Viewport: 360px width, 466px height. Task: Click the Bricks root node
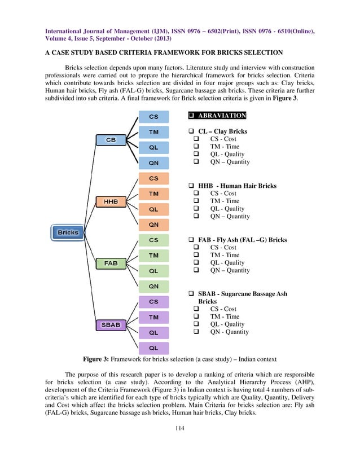click(68, 232)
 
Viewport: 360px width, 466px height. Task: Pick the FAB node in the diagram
click(111, 263)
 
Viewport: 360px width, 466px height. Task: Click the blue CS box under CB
click(153, 117)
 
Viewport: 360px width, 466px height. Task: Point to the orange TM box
click(153, 194)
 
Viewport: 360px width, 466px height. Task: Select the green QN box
click(153, 286)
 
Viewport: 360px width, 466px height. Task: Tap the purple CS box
click(153, 302)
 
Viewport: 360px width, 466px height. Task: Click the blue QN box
click(153, 163)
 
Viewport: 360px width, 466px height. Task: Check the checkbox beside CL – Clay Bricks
click(191, 131)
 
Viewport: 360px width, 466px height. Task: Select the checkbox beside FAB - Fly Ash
click(191, 240)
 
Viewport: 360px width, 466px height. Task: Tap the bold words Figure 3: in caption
click(99, 359)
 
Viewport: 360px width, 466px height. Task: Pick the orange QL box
click(153, 209)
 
